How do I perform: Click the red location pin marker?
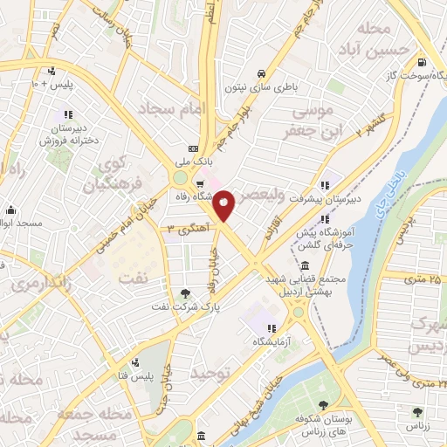tap(223, 205)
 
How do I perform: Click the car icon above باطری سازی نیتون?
tap(262, 73)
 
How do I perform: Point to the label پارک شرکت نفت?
tap(182, 306)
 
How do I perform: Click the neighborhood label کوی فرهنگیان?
tap(110, 174)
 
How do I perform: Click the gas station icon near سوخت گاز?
tap(423, 61)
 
